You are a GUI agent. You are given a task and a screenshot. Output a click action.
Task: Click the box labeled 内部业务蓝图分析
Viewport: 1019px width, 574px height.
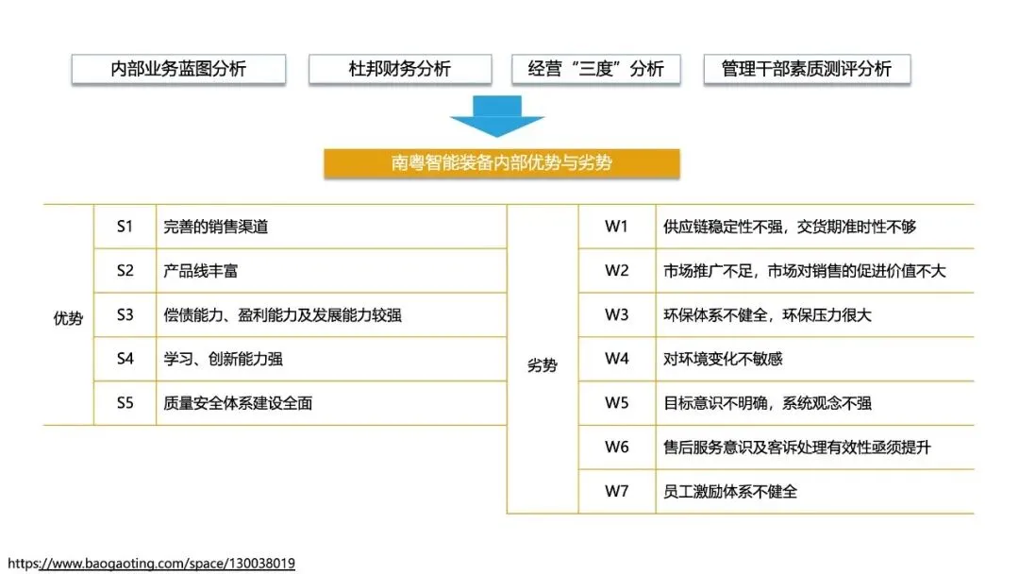[x=178, y=70]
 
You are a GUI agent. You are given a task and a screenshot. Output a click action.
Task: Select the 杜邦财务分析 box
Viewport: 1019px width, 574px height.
[x=400, y=70]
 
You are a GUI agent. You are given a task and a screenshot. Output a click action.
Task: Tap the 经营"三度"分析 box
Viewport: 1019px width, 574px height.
[x=596, y=70]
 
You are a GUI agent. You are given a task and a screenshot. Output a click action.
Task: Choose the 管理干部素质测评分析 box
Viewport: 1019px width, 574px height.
[x=807, y=70]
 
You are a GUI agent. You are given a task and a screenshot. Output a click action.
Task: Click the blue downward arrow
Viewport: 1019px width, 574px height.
[x=496, y=118]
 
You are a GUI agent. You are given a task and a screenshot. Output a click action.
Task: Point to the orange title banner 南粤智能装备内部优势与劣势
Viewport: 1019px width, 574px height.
[x=502, y=162]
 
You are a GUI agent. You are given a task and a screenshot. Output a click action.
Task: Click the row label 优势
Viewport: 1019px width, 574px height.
[x=68, y=319]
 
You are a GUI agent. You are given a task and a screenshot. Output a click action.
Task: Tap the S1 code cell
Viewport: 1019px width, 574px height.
[x=125, y=227]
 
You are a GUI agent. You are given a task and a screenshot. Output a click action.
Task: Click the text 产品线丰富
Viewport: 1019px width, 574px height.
[x=201, y=271]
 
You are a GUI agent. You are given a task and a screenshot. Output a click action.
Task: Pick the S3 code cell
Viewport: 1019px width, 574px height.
[x=125, y=315]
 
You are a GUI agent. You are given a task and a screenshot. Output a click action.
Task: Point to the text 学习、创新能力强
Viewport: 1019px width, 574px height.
[x=224, y=359]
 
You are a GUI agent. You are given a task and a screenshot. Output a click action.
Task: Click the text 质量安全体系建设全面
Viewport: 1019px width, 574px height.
[x=238, y=403]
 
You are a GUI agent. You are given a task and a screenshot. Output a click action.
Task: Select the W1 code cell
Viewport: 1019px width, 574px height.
[x=616, y=227]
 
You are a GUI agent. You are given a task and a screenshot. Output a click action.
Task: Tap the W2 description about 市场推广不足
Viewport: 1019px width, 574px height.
[x=805, y=271]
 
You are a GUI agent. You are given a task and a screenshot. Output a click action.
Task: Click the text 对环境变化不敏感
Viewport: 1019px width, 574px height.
[x=724, y=359]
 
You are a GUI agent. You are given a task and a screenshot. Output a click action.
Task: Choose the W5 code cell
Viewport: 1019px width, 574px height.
[x=616, y=403]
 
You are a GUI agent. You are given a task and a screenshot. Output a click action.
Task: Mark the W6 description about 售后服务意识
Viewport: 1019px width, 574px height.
[x=797, y=447]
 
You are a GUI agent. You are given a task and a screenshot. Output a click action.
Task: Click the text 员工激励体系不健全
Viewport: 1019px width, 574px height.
[x=731, y=492]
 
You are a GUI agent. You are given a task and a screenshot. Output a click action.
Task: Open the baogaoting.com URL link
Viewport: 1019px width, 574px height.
[x=151, y=564]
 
